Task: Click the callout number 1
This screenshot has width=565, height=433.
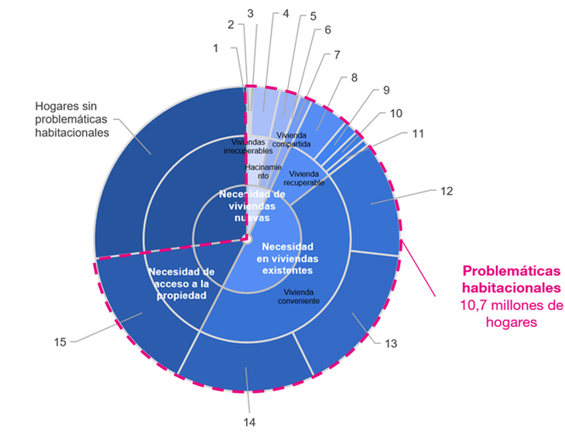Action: (217, 48)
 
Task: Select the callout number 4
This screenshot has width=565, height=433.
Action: (286, 13)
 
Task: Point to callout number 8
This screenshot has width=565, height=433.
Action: (354, 77)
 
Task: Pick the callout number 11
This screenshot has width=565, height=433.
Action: (419, 134)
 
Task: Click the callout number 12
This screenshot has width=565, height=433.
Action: (447, 190)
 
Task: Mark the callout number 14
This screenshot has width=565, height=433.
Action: (248, 421)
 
